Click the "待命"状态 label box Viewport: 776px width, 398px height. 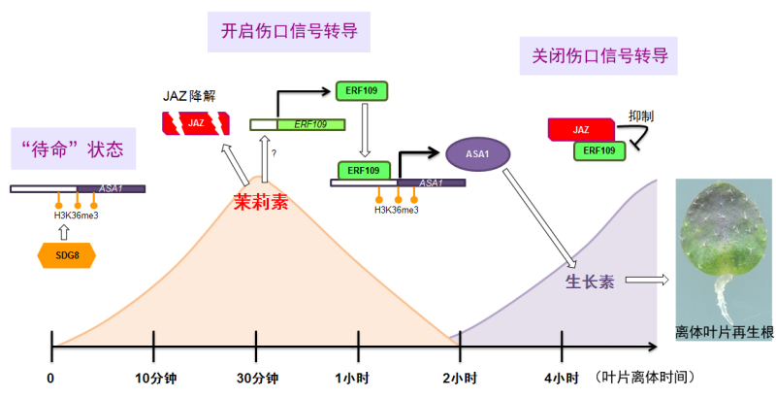[72, 150]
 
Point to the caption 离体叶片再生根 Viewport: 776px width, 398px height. [725, 333]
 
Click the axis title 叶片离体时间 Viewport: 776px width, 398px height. [647, 378]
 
